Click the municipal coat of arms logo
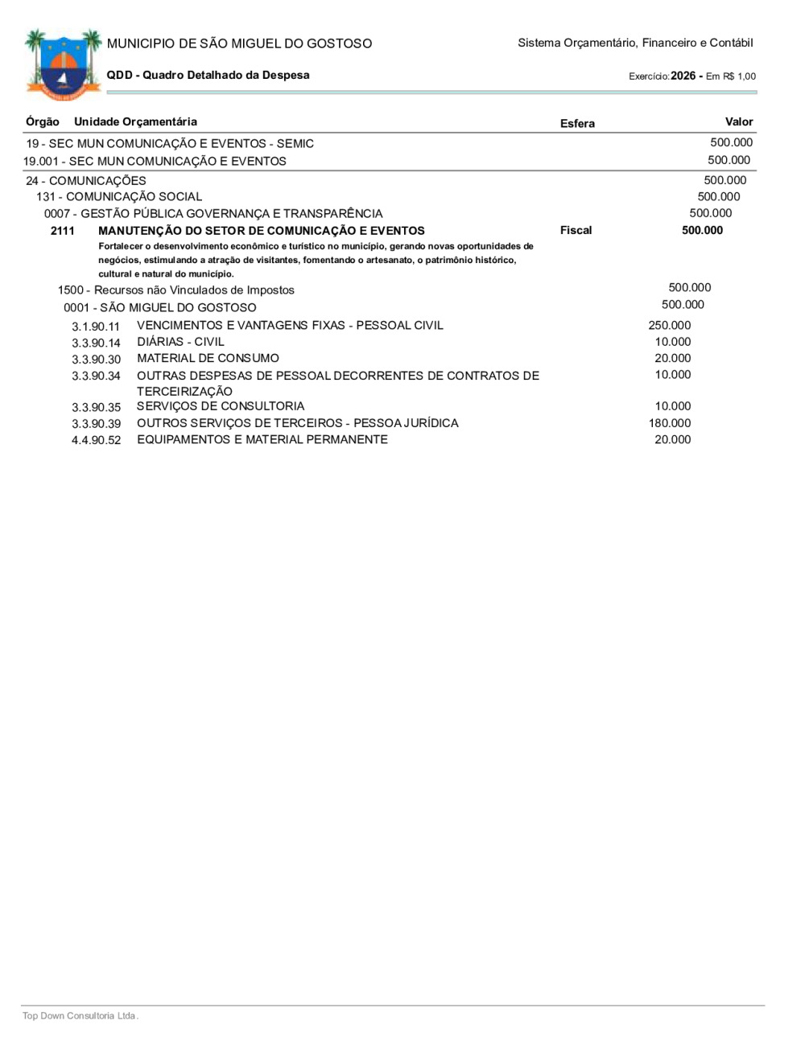[63, 64]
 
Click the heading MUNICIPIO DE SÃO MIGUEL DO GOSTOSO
[239, 43]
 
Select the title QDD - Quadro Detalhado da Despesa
[208, 75]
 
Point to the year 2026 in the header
[683, 76]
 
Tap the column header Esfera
[577, 123]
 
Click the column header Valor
[738, 121]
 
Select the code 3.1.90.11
[96, 327]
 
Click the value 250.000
[669, 325]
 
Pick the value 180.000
[669, 423]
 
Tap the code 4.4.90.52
[96, 440]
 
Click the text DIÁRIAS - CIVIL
[180, 342]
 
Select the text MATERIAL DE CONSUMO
[208, 358]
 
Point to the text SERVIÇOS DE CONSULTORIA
[221, 406]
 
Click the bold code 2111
[62, 231]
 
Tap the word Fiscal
[576, 230]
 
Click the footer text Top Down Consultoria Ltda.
[80, 1015]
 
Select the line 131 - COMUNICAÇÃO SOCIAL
[119, 196]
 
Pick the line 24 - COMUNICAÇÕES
[86, 180]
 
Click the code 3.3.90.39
[96, 424]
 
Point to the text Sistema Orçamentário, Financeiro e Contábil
[635, 43]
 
